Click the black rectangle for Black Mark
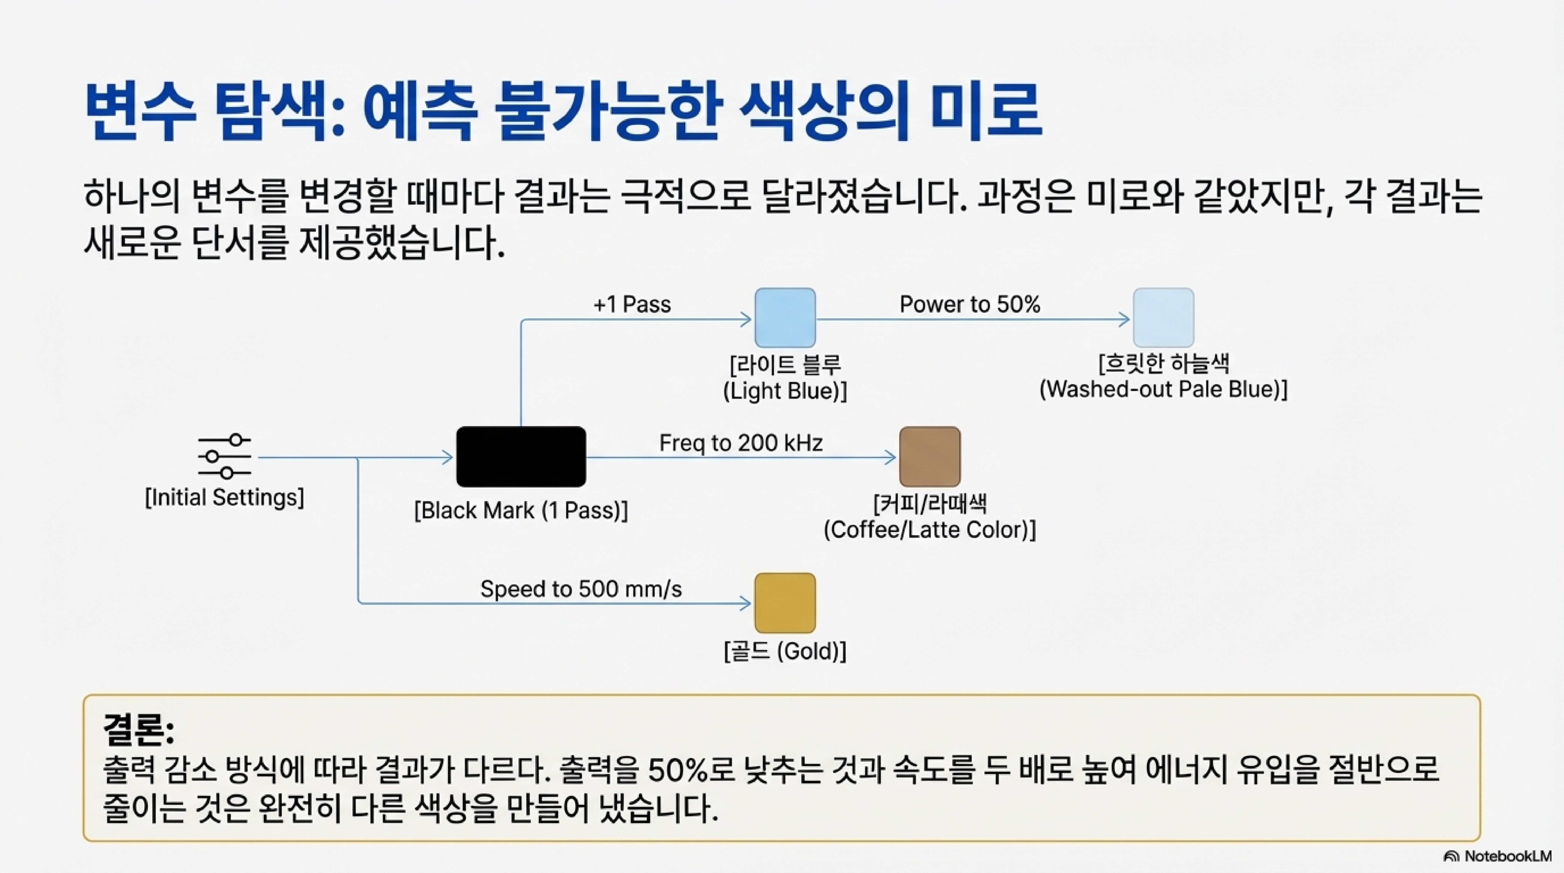tap(521, 456)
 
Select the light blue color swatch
tap(785, 318)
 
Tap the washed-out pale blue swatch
tap(1163, 318)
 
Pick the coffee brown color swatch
tap(929, 456)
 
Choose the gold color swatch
tap(785, 603)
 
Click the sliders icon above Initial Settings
tap(225, 456)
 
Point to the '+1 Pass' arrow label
tap(632, 304)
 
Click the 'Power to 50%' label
tap(970, 304)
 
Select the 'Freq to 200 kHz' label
tap(741, 443)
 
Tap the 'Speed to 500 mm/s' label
tap(581, 589)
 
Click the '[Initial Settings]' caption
tap(225, 498)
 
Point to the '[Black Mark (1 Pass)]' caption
tap(521, 510)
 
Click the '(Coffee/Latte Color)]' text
tap(929, 530)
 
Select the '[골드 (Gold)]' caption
tap(785, 651)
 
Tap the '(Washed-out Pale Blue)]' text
tap(1163, 389)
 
